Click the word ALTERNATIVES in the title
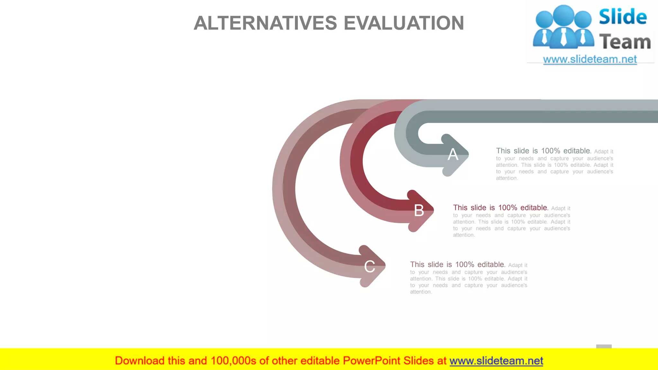tap(265, 23)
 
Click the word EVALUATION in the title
tap(404, 23)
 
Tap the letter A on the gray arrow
tap(453, 154)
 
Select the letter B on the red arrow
tap(419, 211)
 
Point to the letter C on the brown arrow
tap(369, 267)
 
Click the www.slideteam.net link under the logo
tap(590, 59)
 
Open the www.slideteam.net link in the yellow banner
tap(496, 361)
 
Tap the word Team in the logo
tap(625, 42)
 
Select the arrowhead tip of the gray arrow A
tap(468, 155)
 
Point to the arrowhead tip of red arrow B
tap(433, 210)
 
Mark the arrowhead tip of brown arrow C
tap(385, 266)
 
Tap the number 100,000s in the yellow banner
tap(233, 361)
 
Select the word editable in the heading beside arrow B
tap(534, 208)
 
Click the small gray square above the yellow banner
tap(604, 347)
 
